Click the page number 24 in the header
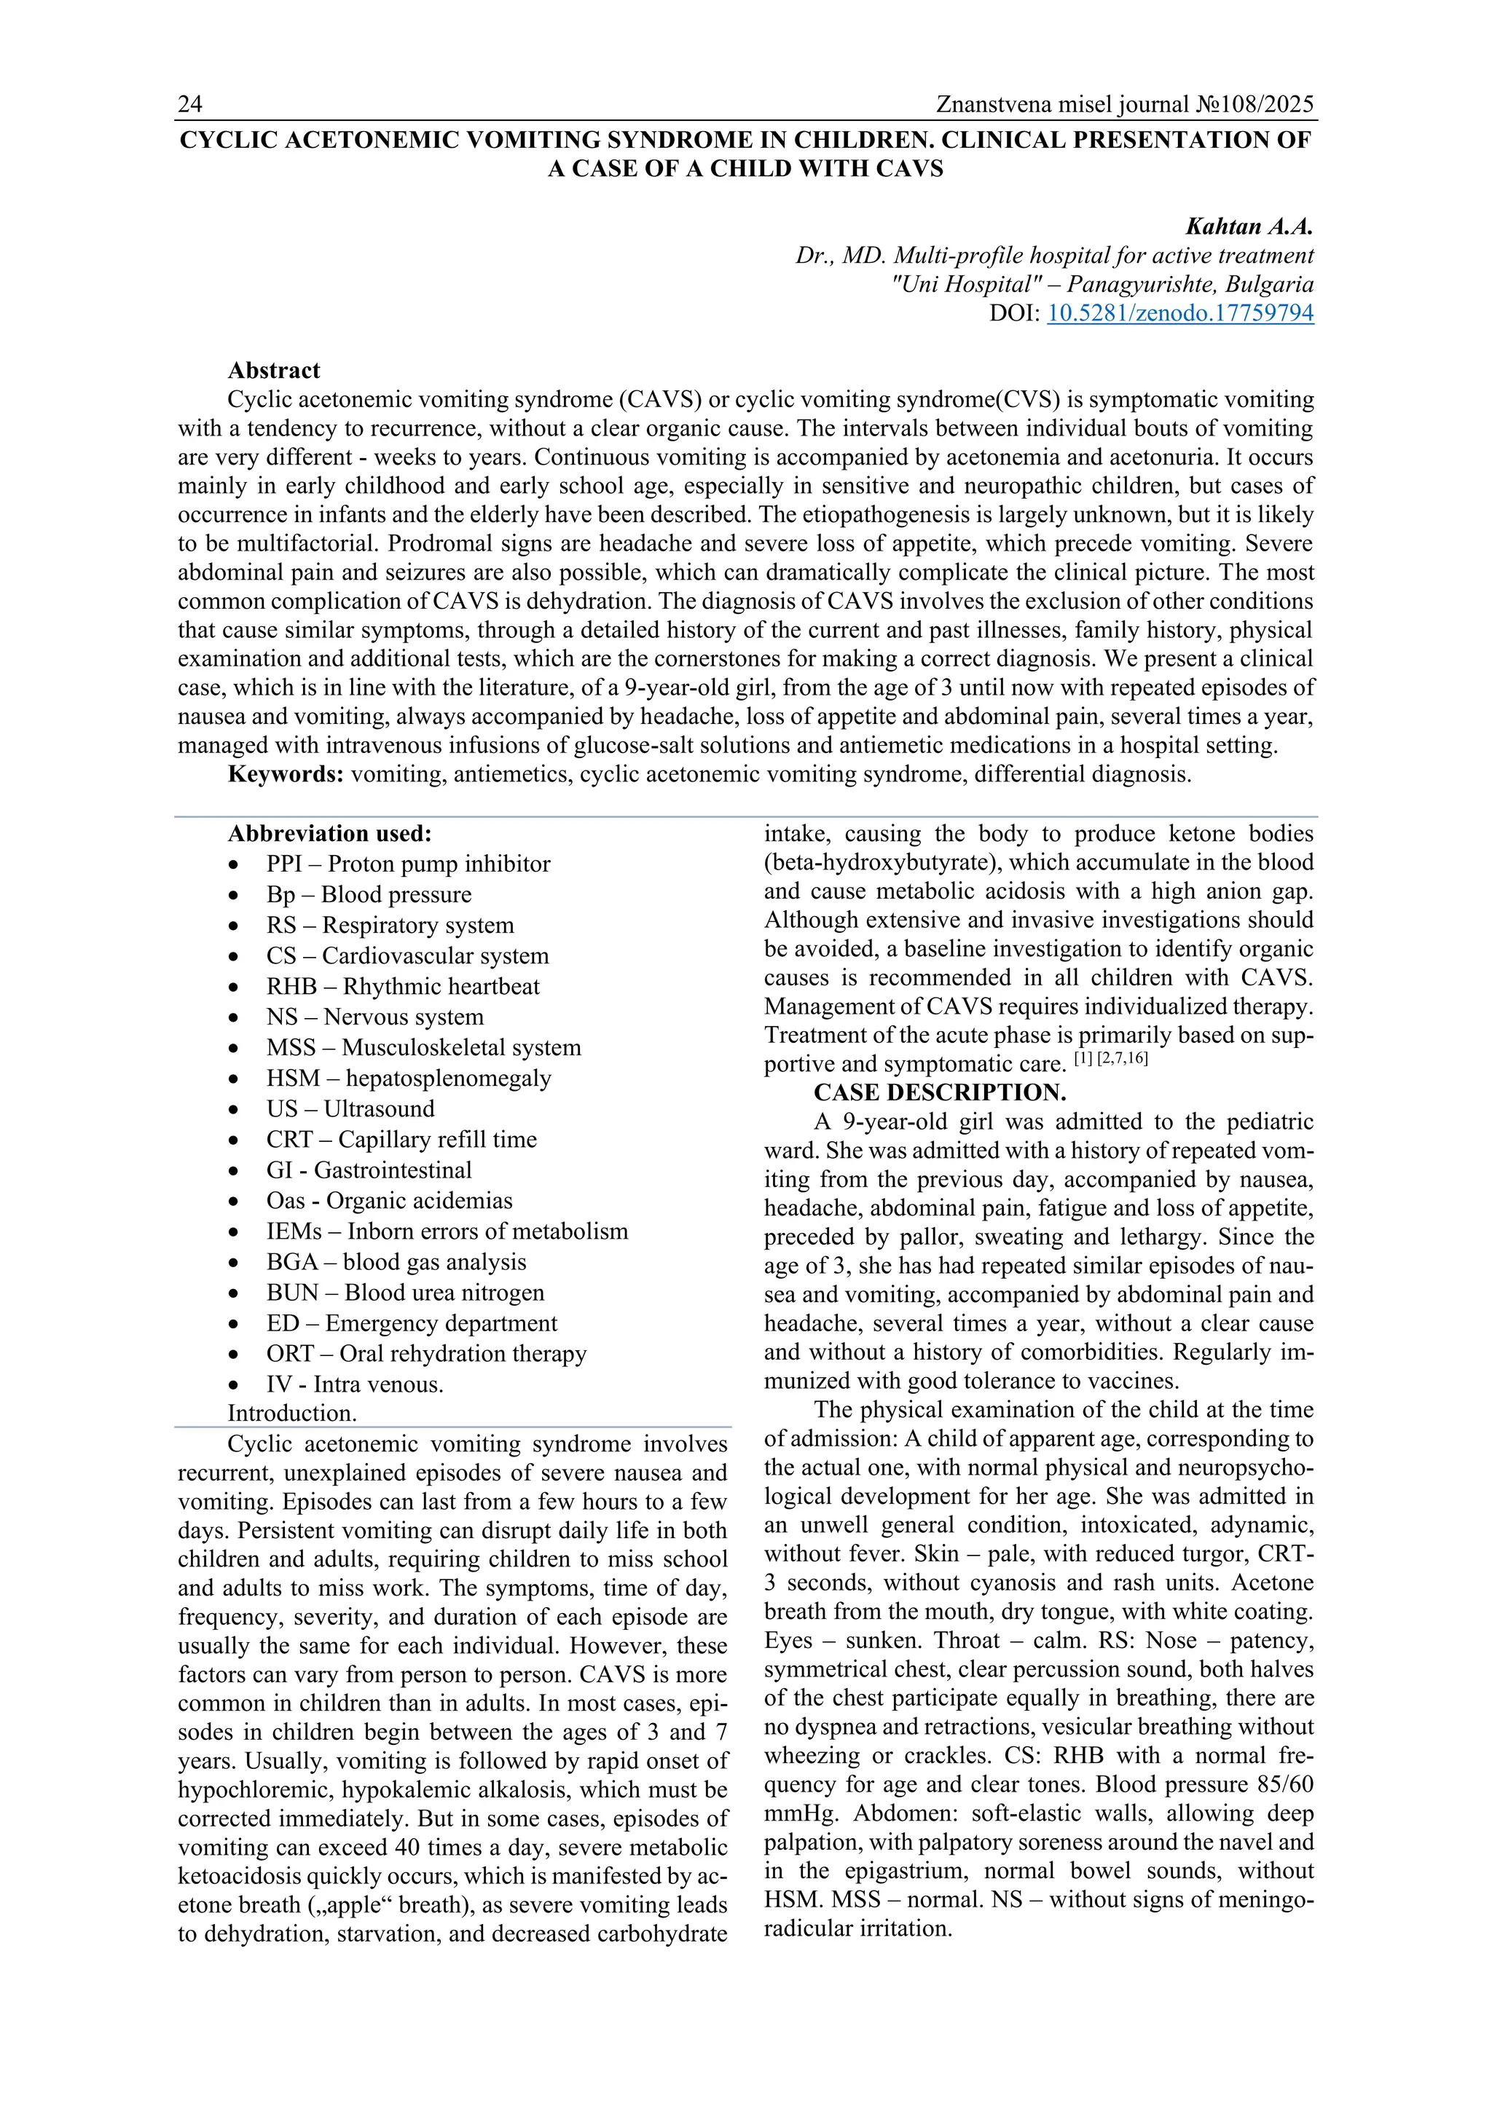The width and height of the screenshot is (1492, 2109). [190, 105]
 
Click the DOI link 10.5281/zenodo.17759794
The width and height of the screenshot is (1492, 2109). [1179, 313]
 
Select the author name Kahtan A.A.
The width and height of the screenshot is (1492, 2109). [1249, 227]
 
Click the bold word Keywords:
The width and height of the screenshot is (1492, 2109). [286, 774]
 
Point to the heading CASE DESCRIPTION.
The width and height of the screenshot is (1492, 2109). [940, 1093]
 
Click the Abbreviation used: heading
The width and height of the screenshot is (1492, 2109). [330, 834]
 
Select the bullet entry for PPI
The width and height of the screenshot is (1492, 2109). [408, 864]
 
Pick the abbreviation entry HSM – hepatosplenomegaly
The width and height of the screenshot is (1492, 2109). [409, 1079]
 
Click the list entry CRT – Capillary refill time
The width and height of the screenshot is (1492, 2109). [401, 1140]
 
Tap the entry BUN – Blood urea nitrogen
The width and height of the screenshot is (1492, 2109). [405, 1293]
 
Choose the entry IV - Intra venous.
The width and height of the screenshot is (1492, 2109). [355, 1385]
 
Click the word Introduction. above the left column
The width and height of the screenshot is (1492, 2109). [292, 1414]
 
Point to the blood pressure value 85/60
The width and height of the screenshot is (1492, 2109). [1281, 1785]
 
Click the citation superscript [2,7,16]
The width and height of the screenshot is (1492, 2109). [1123, 1059]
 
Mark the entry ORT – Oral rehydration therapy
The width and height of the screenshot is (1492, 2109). [426, 1354]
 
